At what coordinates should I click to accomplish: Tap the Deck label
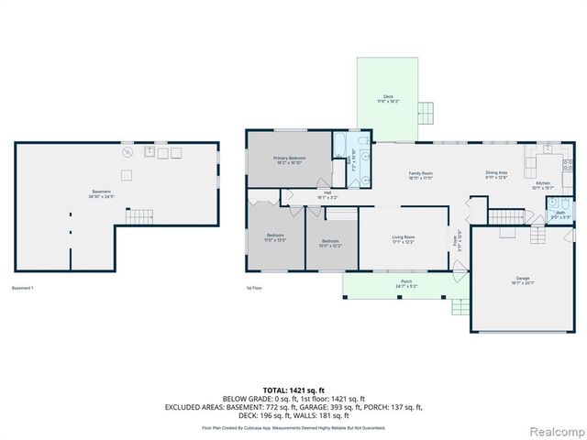[x=388, y=99]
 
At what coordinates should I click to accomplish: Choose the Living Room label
[x=404, y=239]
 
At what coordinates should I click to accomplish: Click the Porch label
[x=406, y=284]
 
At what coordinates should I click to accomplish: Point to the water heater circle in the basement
[x=127, y=153]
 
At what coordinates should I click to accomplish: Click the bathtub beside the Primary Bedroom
[x=341, y=144]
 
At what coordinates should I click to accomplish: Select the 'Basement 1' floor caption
[x=22, y=290]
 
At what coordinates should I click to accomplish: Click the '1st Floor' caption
[x=255, y=290]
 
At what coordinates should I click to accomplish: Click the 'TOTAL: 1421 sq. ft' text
[x=293, y=390]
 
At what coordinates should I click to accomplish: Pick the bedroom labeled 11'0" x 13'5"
[x=276, y=237]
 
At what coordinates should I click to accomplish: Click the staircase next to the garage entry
[x=505, y=217]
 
